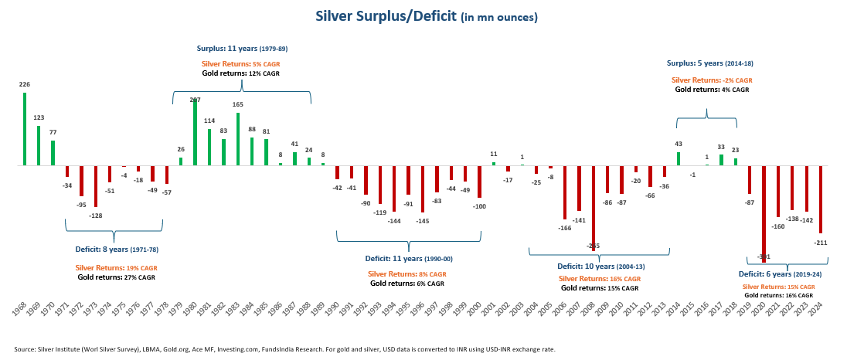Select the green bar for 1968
pyautogui.click(x=25, y=129)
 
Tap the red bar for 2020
pyautogui.click(x=764, y=212)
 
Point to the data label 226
pyautogui.click(x=25, y=84)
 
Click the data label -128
pyautogui.click(x=96, y=216)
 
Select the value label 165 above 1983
pyautogui.click(x=237, y=104)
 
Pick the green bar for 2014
pyautogui.click(x=679, y=158)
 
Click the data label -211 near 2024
pyautogui.click(x=821, y=243)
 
